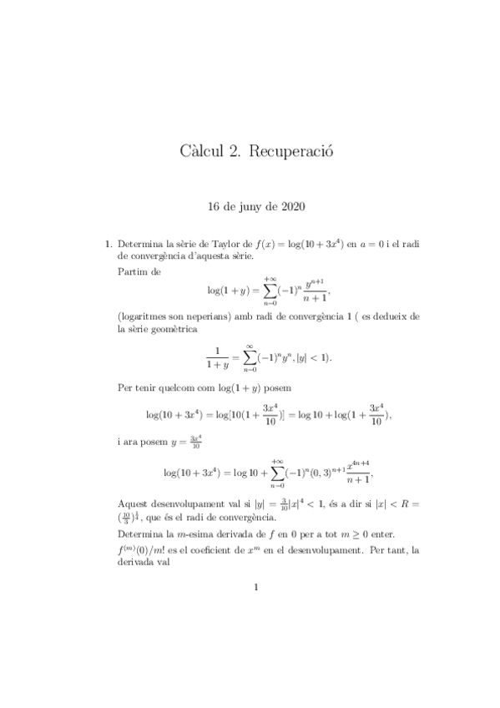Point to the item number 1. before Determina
coord(108,244)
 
